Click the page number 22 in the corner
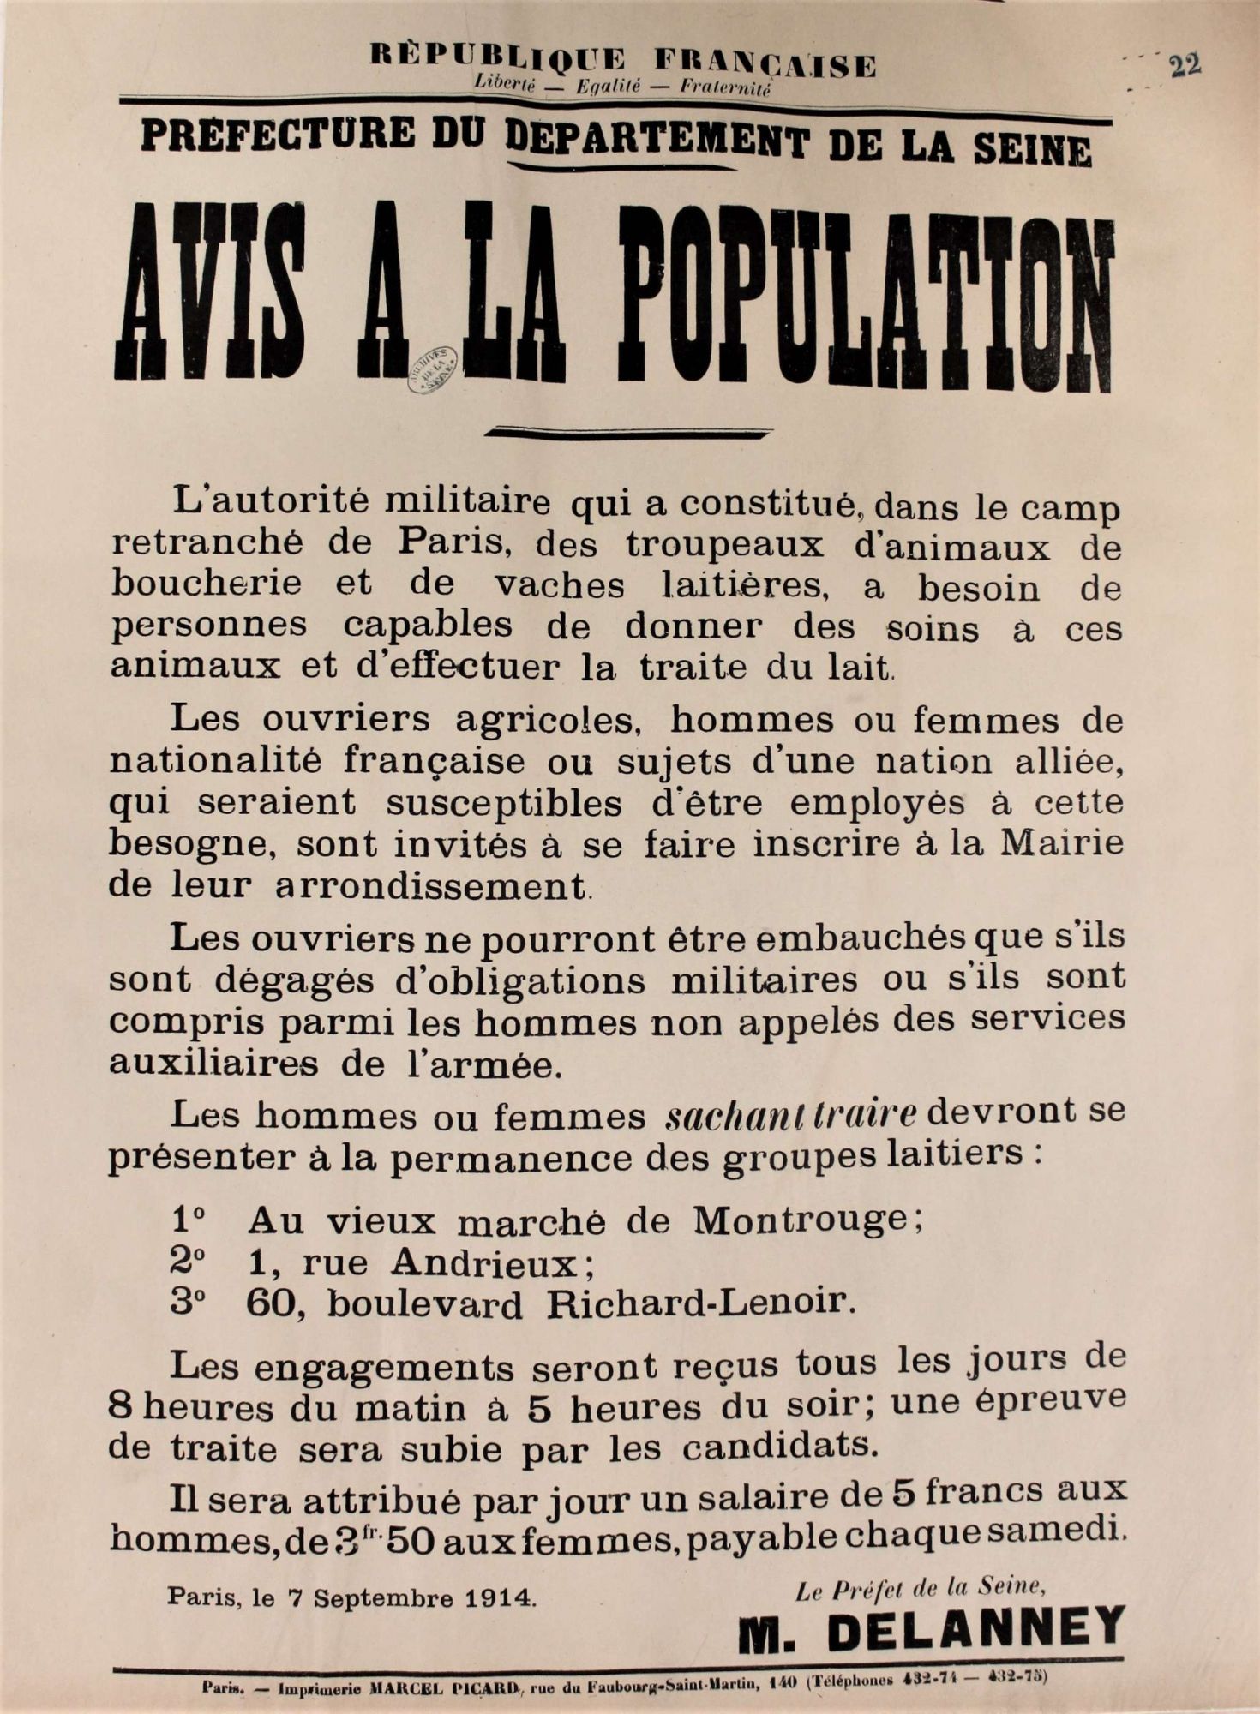click(1185, 65)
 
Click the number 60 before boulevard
click(271, 1303)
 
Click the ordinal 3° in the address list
click(188, 1303)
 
